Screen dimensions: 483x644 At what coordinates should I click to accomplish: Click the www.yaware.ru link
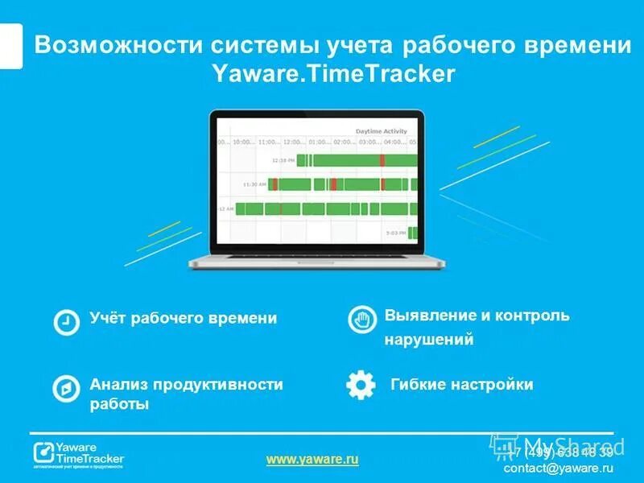coord(312,459)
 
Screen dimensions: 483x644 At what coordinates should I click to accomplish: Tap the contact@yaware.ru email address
coord(554,468)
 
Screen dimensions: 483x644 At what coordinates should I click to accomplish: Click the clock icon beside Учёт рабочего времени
coord(66,321)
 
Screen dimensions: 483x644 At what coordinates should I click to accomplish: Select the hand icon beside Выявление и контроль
coord(362,320)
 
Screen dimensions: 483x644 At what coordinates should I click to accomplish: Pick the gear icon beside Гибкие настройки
coord(361,385)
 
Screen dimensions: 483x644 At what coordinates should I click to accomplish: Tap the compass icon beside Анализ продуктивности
coord(66,388)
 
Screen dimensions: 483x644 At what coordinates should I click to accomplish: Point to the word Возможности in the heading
coord(119,45)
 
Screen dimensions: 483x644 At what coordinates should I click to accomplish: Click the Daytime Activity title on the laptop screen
coord(381,131)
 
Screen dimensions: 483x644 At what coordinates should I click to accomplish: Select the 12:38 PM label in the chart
coord(283,160)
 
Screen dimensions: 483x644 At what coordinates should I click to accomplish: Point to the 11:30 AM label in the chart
coord(255,184)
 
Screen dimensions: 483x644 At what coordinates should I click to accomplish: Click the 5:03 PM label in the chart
coord(395,233)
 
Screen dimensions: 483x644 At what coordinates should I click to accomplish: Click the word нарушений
coord(428,340)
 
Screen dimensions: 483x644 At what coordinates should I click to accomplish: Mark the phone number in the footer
coord(562,452)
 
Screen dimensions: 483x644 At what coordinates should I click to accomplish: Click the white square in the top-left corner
coord(10,46)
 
